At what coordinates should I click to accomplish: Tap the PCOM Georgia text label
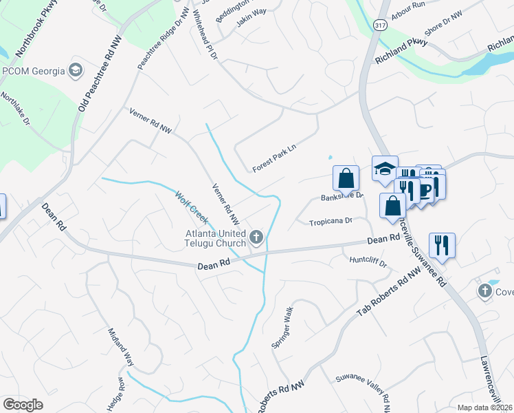(x=34, y=71)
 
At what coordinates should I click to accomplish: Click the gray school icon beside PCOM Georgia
(x=76, y=70)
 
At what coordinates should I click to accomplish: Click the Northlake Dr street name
(x=14, y=108)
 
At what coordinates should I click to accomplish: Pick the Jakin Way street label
(x=251, y=17)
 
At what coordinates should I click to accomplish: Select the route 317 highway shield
(x=381, y=24)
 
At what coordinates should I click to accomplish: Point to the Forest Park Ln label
(x=273, y=162)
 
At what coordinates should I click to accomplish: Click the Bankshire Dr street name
(x=342, y=196)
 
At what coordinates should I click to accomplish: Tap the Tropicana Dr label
(x=331, y=222)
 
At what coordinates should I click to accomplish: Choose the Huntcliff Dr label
(x=368, y=262)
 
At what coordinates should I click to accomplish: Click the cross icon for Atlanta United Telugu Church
(x=256, y=238)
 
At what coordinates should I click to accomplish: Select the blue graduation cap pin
(x=385, y=167)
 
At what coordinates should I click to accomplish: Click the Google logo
(x=23, y=405)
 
